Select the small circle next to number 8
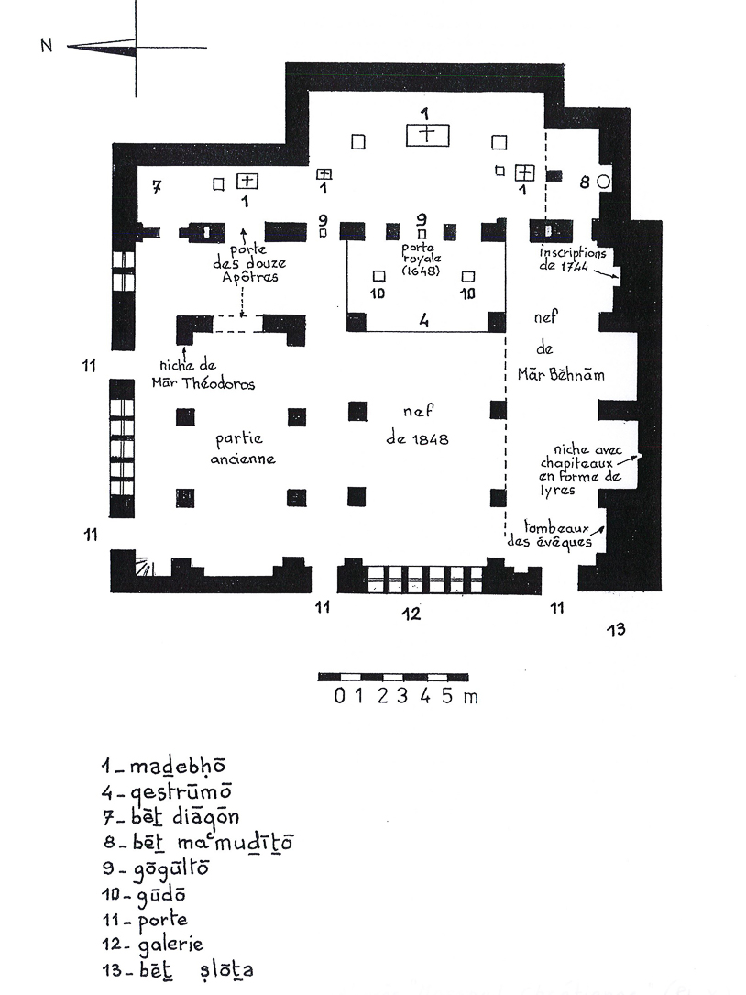603,182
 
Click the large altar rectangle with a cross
427,135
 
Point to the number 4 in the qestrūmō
424,321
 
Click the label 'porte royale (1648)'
422,260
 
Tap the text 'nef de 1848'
417,425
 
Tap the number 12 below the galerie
413,613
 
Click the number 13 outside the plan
618,628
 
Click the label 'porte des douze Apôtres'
242,260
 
